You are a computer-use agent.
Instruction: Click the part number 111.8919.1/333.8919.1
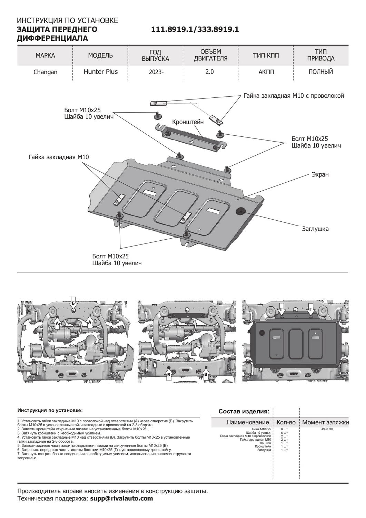[195, 30]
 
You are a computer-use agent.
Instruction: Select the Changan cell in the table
[45, 72]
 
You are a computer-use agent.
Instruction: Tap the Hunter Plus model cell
[100, 72]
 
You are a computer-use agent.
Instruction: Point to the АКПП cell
[266, 72]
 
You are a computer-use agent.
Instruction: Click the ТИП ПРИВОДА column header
[321, 55]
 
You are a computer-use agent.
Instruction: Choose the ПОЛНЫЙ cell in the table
[321, 72]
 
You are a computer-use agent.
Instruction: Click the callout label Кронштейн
[188, 122]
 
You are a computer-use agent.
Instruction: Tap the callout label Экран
[320, 174]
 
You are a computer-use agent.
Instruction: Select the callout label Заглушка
[315, 229]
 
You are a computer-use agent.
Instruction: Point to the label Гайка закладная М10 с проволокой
[294, 96]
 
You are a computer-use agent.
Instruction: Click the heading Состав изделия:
[244, 411]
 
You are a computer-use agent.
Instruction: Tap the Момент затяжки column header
[325, 422]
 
